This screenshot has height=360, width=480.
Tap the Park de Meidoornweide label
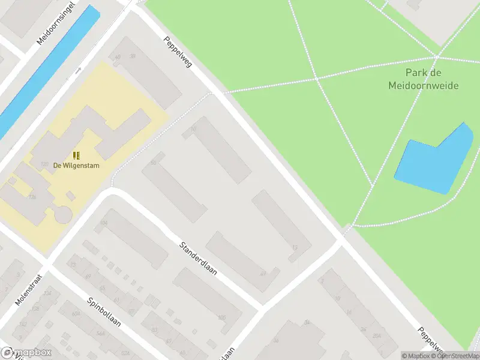pyautogui.click(x=423, y=80)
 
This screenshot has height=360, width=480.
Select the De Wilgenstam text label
pyautogui.click(x=76, y=166)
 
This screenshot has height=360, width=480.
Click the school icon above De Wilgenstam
pyautogui.click(x=76, y=155)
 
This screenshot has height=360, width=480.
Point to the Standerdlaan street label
pyautogui.click(x=198, y=259)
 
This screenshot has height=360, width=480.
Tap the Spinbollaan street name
pyautogui.click(x=104, y=313)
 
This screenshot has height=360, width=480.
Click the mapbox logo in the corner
pyautogui.click(x=26, y=352)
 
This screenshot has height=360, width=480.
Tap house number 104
pyautogui.click(x=104, y=223)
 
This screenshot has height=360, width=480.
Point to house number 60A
pyautogui.click(x=76, y=313)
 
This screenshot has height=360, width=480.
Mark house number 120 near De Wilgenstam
pyautogui.click(x=44, y=164)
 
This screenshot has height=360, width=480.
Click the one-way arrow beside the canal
pyautogui.click(x=78, y=70)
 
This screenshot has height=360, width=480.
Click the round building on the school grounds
pyautogui.click(x=63, y=213)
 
